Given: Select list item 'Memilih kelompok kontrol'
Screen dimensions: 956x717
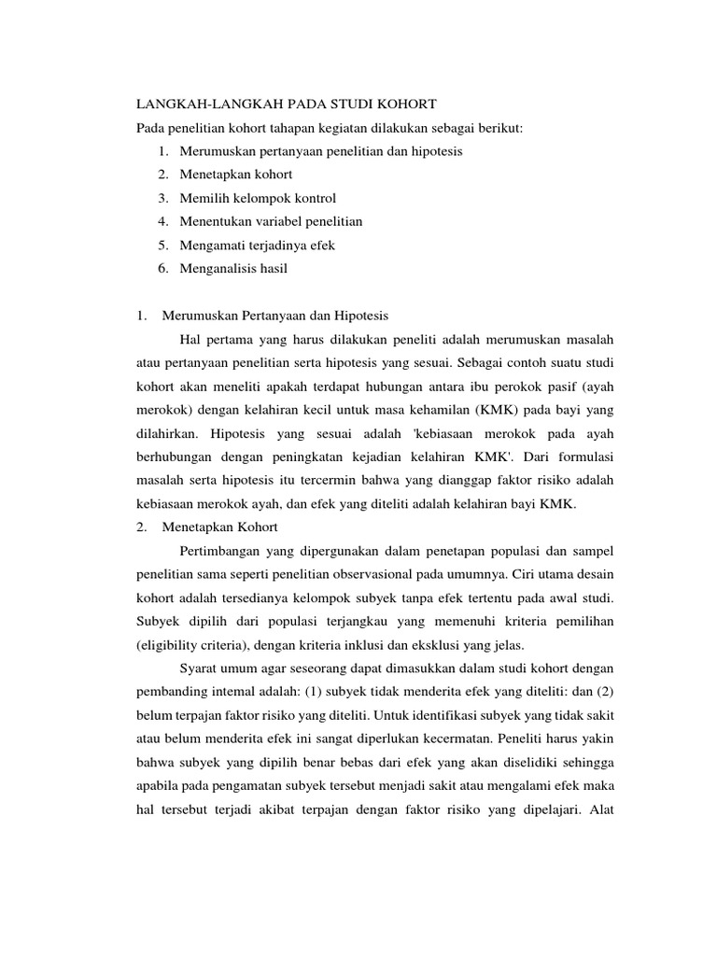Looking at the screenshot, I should (258, 198).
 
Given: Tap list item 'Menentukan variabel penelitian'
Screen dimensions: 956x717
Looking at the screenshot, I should (271, 221).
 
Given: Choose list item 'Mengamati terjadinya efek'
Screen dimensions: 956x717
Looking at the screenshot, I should (257, 245).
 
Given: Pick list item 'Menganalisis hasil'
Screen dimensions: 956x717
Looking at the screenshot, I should (234, 269).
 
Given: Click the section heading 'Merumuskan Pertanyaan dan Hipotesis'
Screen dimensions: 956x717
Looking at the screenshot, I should (275, 316).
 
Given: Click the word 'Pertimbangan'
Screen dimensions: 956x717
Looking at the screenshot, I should (221, 552).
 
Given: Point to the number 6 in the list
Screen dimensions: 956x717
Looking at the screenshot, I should (162, 269).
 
